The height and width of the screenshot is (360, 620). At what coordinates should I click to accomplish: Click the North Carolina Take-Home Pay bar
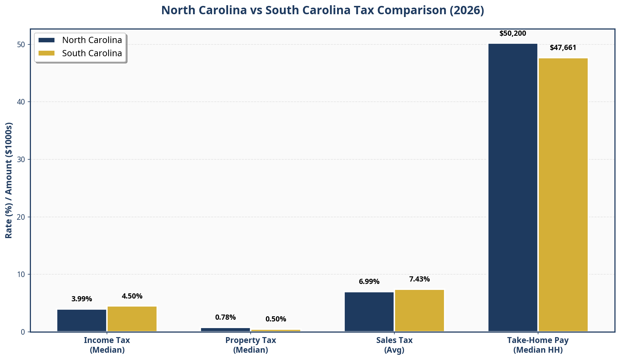(513, 187)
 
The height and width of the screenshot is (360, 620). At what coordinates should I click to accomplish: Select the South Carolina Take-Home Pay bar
(563, 195)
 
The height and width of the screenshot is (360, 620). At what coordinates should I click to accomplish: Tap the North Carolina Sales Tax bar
(369, 312)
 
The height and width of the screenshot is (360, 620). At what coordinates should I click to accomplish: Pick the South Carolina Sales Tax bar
(419, 310)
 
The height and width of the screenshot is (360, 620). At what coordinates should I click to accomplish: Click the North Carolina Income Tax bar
(82, 320)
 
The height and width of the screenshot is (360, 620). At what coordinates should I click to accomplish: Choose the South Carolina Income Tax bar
(132, 319)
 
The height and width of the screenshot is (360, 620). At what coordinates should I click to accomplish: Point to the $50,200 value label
(513, 34)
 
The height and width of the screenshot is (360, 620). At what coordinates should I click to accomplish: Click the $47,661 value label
(563, 48)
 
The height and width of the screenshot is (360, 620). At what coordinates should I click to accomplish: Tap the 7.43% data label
(419, 279)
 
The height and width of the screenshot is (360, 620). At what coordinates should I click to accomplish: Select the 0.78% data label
(225, 317)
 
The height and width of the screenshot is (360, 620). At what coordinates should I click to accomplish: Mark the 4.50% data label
(132, 296)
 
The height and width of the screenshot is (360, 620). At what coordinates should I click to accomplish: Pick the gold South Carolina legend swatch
(47, 53)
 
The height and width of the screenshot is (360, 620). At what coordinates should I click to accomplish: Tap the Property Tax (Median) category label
(251, 345)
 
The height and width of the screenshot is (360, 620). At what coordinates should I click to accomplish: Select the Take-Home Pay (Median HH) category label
(538, 345)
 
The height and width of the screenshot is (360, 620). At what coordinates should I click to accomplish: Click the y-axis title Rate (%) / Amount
(9, 180)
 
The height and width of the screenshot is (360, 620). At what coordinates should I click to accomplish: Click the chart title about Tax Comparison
(322, 10)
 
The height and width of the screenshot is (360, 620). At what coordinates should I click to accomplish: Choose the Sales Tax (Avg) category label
(394, 345)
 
